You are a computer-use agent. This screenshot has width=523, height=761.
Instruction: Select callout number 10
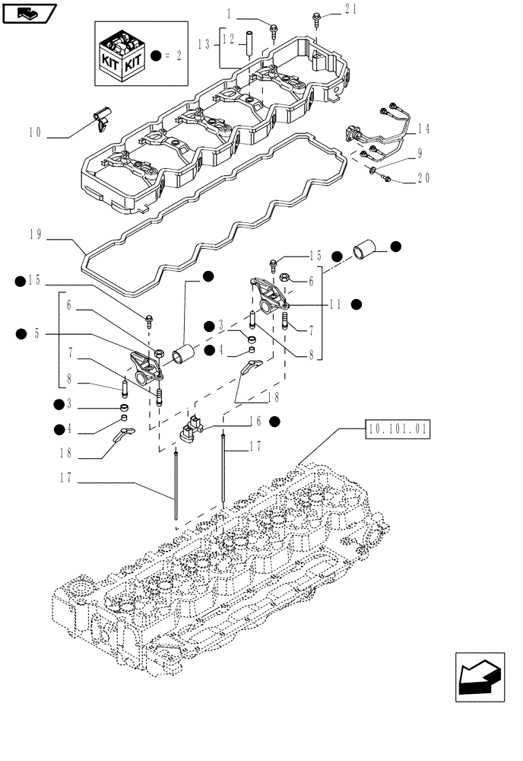coord(34,132)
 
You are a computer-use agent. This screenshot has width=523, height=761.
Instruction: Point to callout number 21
coord(350,9)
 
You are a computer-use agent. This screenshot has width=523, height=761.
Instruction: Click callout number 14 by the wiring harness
coord(423,129)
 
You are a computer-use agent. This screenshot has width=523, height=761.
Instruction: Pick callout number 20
coord(423,180)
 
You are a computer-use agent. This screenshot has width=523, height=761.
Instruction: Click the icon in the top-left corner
coord(30,13)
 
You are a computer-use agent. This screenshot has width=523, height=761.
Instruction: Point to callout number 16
coord(255,421)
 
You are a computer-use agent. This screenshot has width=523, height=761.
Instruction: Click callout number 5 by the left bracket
coord(36,333)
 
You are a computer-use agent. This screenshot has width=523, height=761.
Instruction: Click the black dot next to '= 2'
coord(156,56)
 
